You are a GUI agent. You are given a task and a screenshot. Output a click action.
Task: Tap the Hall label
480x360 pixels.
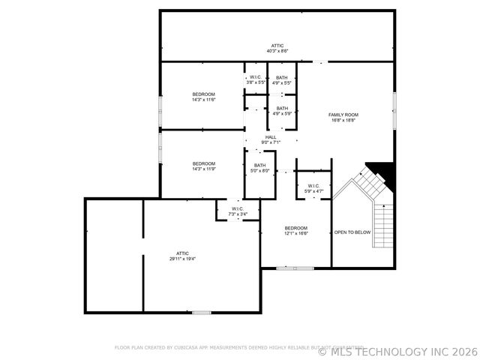[270, 137]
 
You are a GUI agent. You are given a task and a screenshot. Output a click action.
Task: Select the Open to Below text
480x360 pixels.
[352, 232]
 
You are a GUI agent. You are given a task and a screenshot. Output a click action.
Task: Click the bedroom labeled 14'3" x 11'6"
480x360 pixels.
[203, 94]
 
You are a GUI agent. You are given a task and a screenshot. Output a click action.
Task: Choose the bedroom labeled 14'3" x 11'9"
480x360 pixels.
[203, 163]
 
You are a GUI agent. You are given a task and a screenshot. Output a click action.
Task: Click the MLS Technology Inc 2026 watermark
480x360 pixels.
[397, 351]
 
